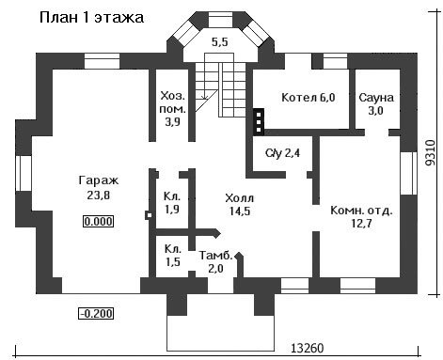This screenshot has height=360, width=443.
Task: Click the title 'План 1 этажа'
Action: [91, 18]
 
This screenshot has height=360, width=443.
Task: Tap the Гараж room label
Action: [99, 180]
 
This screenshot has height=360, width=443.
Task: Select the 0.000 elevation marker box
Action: [98, 222]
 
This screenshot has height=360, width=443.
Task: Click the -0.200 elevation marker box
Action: [96, 313]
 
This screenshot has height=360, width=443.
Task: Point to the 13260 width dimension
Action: [308, 348]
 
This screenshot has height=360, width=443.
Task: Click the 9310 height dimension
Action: [431, 152]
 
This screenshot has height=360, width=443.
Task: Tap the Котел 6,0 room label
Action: [309, 98]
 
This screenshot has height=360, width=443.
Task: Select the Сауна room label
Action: [376, 98]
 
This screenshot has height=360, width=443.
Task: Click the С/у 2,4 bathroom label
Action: [282, 153]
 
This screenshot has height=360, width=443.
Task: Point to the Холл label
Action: [240, 198]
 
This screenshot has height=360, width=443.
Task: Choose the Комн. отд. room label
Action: [361, 211]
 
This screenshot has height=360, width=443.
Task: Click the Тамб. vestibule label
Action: [216, 256]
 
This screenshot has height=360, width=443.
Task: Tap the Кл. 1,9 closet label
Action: [172, 203]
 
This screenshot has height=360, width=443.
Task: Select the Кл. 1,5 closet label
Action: [173, 256]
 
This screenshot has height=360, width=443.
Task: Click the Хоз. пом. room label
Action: [173, 108]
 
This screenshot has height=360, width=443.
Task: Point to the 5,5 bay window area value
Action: [219, 42]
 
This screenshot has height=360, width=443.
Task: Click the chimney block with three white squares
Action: [259, 122]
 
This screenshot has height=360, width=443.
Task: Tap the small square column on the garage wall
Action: [150, 215]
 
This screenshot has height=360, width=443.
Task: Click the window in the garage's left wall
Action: [24, 173]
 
